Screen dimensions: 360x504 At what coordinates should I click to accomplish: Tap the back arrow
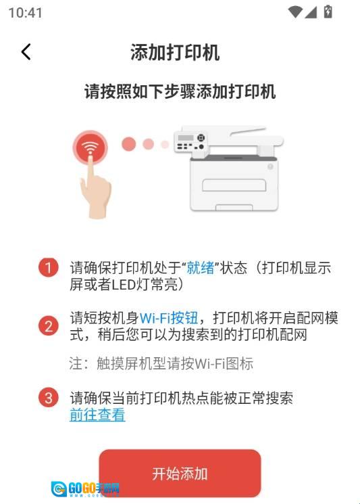click(x=26, y=51)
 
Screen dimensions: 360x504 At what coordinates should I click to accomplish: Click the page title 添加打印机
click(x=175, y=52)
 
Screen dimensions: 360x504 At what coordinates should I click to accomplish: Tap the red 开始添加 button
click(x=180, y=474)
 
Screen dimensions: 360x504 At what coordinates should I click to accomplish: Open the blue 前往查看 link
click(x=97, y=414)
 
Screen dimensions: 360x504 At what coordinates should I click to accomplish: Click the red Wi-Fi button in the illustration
click(x=90, y=148)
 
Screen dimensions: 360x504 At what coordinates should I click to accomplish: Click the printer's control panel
click(x=190, y=142)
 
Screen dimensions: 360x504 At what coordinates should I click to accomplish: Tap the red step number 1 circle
click(x=49, y=268)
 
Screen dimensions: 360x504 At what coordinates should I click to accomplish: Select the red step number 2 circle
click(x=49, y=325)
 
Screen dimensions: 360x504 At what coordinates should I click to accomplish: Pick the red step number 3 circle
click(x=49, y=398)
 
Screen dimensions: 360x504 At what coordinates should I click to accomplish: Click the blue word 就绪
click(x=201, y=268)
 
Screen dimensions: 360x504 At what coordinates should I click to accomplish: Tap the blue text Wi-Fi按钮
click(x=169, y=318)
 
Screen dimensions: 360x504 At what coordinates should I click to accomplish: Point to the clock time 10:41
click(x=26, y=13)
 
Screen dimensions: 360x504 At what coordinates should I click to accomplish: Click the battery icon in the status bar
click(x=328, y=12)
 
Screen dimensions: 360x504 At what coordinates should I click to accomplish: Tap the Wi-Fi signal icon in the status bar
click(x=295, y=12)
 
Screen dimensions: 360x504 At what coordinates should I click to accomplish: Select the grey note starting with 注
click(x=161, y=363)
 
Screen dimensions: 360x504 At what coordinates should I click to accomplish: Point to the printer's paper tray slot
click(x=234, y=185)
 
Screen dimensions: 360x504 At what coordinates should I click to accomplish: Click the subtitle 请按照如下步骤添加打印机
click(x=180, y=91)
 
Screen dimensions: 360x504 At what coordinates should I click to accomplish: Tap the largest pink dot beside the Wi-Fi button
click(x=129, y=144)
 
